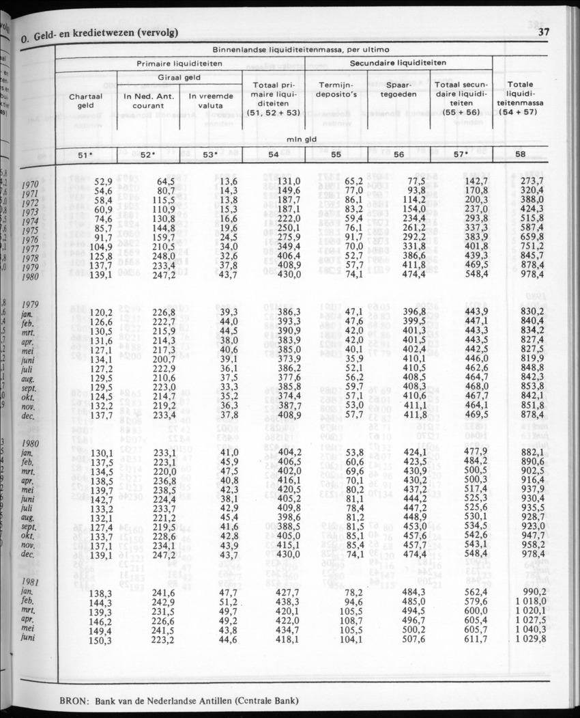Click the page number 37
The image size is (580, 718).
pos(544,32)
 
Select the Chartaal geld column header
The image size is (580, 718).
pos(85,101)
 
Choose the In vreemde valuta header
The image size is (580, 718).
pos(211,101)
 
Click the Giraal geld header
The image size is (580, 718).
pos(180,77)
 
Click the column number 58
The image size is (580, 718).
pos(521,155)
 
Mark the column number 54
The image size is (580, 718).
pos(274,155)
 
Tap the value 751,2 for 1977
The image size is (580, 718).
pos(530,247)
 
